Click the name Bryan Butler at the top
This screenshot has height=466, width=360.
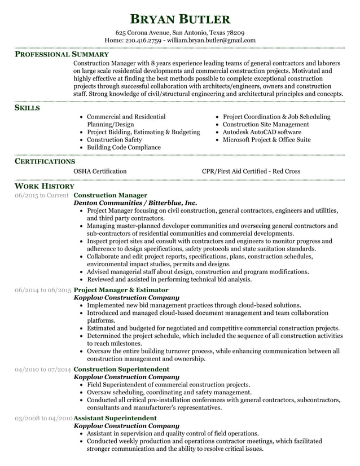(x=180, y=19)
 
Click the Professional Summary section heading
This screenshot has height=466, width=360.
(x=62, y=55)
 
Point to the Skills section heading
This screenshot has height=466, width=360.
(x=27, y=107)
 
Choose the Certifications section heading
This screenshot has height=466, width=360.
(x=45, y=161)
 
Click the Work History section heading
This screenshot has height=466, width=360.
(x=44, y=186)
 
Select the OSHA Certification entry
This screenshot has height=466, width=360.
(x=100, y=172)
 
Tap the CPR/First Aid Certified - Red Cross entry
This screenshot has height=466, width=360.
(x=251, y=172)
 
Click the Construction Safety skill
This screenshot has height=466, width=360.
(x=115, y=140)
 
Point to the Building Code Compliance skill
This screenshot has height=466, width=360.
(x=124, y=148)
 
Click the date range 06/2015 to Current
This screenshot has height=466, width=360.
(x=42, y=195)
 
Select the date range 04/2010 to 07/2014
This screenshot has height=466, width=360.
(x=43, y=370)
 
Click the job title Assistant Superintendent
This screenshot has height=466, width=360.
(x=116, y=418)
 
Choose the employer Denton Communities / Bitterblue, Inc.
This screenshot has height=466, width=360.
(x=135, y=203)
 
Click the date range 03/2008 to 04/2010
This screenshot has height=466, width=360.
(x=43, y=418)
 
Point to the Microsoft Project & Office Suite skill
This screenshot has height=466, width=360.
(x=266, y=140)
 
